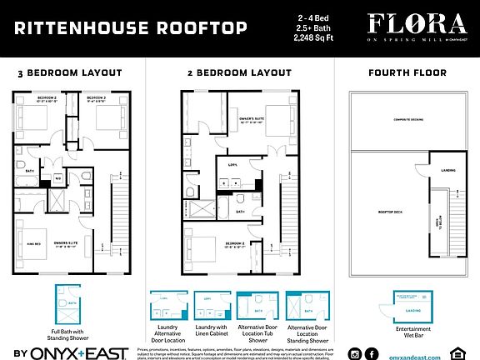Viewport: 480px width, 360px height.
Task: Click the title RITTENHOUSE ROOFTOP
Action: pos(130,29)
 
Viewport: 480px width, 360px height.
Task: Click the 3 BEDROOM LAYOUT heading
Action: pos(70,73)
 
